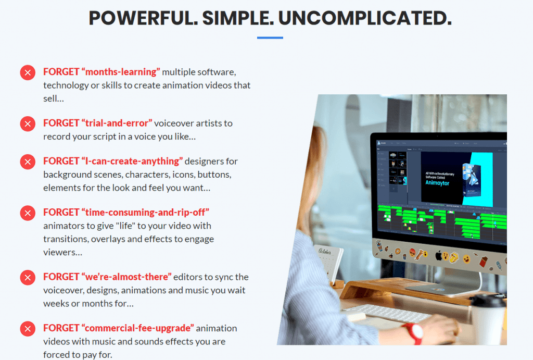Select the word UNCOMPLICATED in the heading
point(364,18)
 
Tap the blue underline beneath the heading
point(270,38)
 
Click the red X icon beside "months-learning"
point(28,72)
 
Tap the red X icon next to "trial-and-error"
point(28,124)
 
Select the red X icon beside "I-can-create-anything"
point(28,162)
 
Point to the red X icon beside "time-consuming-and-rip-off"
point(28,213)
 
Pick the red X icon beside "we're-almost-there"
point(28,277)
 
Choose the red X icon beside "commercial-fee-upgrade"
point(28,329)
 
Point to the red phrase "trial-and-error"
point(117,123)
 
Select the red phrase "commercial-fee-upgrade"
point(137,328)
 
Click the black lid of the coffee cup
point(488,301)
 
